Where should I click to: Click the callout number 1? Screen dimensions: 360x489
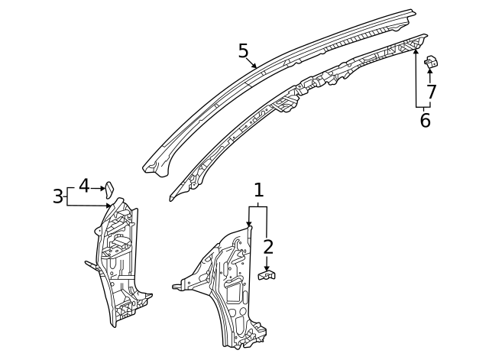click(x=258, y=190)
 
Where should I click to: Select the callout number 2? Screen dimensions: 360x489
click(x=267, y=246)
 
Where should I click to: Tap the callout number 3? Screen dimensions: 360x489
click(x=58, y=196)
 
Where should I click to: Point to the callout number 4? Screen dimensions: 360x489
click(x=84, y=186)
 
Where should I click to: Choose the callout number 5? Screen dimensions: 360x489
click(x=243, y=51)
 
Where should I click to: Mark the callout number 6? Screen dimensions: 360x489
click(x=425, y=120)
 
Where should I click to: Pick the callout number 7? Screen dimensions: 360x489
click(x=431, y=92)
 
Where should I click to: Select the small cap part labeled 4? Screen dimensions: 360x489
click(x=109, y=188)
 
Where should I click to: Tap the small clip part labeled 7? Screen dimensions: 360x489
click(x=430, y=62)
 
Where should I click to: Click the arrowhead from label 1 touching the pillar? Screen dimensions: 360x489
click(x=249, y=224)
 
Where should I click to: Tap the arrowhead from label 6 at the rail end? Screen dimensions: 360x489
click(x=416, y=51)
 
